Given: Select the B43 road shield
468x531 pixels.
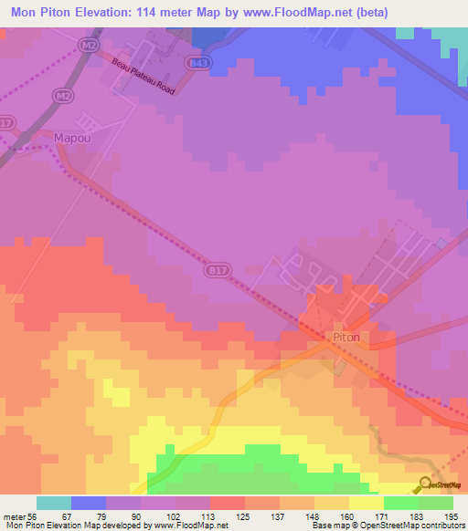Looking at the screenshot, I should tap(195, 61).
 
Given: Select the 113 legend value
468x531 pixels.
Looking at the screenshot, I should tap(211, 517).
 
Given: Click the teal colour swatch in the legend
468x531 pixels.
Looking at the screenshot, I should tap(54, 503).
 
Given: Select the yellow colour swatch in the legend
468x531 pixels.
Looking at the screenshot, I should tap(367, 503).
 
